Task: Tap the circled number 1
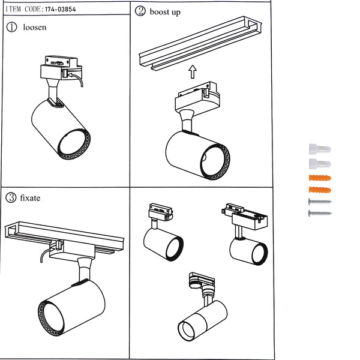[x=12, y=28]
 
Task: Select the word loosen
[x=34, y=28]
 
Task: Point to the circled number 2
[x=140, y=11]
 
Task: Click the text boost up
[x=165, y=11]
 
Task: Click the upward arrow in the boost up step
[x=192, y=73]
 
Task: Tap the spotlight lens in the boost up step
[x=214, y=160]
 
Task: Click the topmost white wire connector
[x=319, y=148]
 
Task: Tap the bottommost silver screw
[x=319, y=213]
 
